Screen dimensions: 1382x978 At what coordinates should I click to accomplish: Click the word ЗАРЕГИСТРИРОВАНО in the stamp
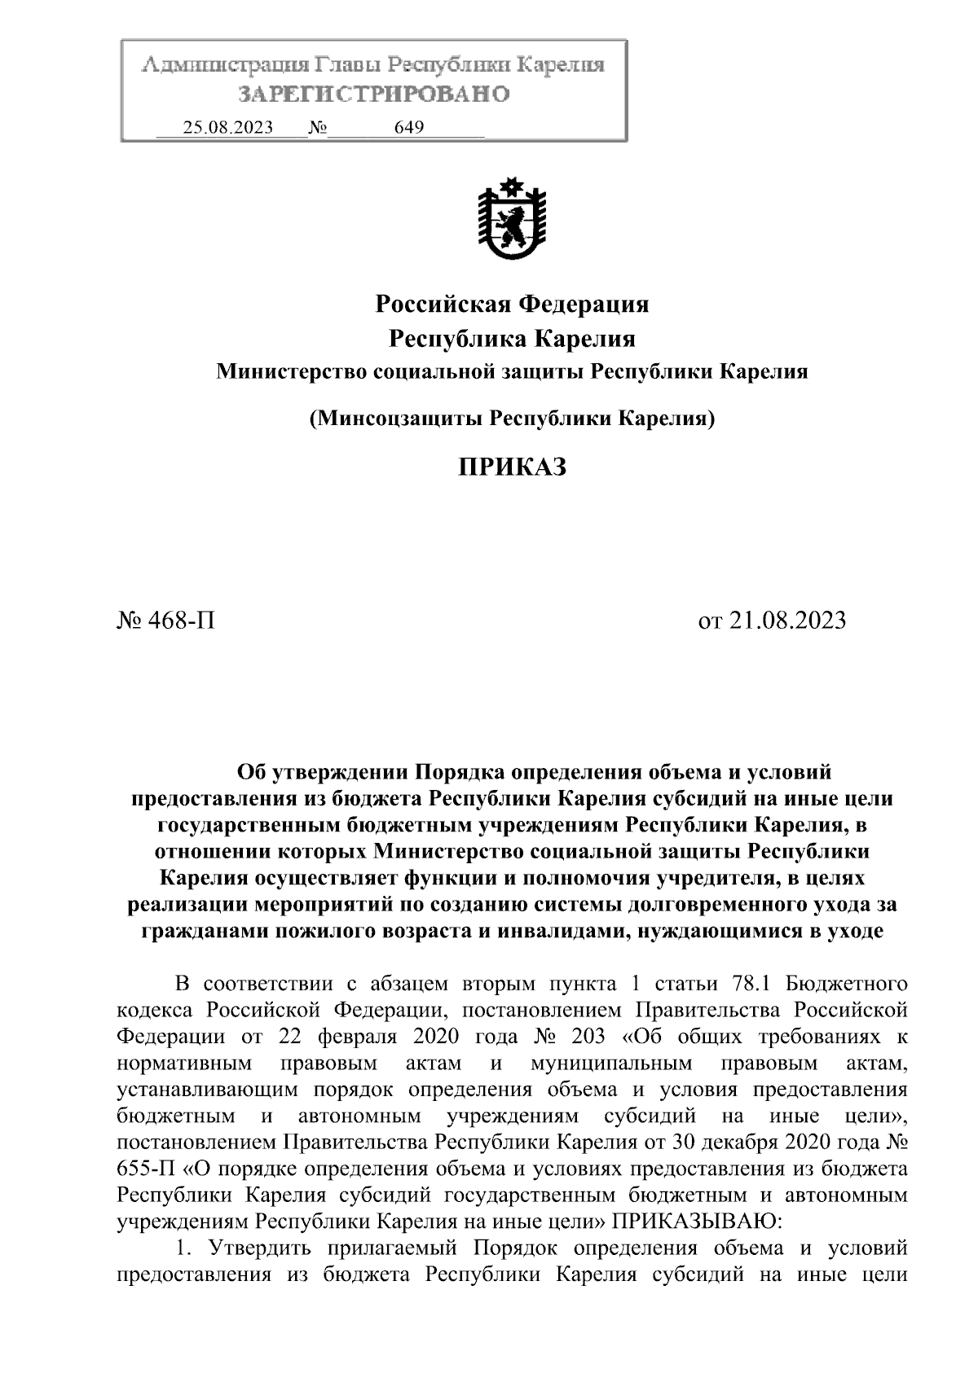[x=373, y=95]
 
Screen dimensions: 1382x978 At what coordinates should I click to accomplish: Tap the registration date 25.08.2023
[x=228, y=128]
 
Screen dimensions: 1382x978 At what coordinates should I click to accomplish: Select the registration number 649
[x=408, y=128]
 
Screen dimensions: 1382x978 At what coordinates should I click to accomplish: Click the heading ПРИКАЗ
[x=511, y=467]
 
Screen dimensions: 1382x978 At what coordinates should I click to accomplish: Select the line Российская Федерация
[x=512, y=305]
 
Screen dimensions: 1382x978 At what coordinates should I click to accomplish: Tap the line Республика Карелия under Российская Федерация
[x=512, y=338]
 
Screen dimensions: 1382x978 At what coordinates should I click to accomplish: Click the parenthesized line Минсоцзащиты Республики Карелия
[x=512, y=419]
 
